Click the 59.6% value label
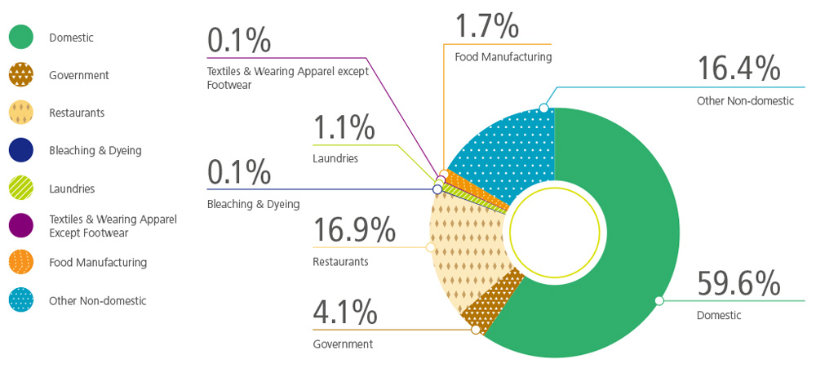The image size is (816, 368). (738, 285)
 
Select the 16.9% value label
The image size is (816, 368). (354, 231)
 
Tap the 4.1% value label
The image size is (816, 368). (345, 312)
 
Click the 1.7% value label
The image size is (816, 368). (487, 25)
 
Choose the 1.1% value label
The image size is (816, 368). (344, 127)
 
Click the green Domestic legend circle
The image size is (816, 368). (21, 38)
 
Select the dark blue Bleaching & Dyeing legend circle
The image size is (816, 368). (21, 150)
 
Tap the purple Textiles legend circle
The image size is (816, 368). (21, 225)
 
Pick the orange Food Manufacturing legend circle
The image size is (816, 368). (21, 263)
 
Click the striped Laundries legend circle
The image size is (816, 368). (21, 188)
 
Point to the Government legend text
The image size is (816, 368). (79, 75)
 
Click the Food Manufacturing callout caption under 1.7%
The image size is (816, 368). (503, 57)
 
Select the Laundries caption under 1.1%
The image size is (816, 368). (335, 158)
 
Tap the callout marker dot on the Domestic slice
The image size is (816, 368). (659, 301)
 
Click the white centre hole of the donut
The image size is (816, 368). (555, 228)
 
